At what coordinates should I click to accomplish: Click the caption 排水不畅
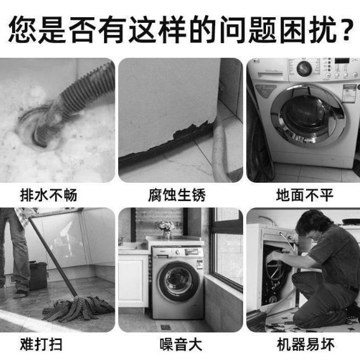(x=48, y=195)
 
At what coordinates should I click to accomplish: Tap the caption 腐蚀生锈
(x=177, y=195)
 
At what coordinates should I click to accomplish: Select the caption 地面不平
(x=305, y=195)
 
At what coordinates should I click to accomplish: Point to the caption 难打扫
(x=41, y=345)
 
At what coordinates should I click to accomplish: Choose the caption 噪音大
(x=181, y=345)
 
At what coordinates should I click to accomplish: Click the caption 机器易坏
(x=305, y=345)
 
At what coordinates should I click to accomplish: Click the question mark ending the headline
(x=345, y=29)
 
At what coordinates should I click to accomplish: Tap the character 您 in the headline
(x=22, y=29)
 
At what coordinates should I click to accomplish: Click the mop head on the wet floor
(x=78, y=308)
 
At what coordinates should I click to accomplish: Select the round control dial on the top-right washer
(x=304, y=69)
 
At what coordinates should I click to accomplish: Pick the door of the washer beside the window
(x=178, y=282)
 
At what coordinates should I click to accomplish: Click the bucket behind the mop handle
(x=38, y=275)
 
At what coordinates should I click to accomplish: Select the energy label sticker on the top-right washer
(x=350, y=93)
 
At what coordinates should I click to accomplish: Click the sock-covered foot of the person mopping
(x=21, y=294)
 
